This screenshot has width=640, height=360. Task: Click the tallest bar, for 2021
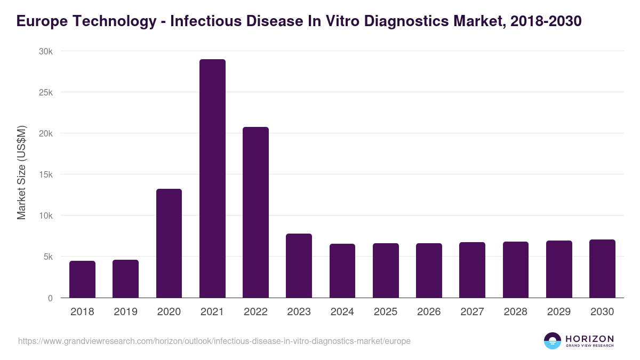click(x=212, y=178)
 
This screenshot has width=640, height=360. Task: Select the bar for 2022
click(x=255, y=212)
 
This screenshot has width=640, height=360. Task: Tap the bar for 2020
click(x=169, y=243)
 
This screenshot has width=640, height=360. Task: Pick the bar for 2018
click(x=82, y=279)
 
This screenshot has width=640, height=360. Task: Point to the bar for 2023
click(x=299, y=266)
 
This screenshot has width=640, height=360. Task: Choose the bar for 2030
click(x=602, y=268)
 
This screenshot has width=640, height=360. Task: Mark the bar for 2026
click(x=429, y=270)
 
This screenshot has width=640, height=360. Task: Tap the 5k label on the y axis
click(x=48, y=257)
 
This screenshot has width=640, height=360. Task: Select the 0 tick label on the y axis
click(x=50, y=298)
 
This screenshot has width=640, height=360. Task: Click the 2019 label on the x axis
click(x=125, y=312)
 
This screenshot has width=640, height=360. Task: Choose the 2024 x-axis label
click(x=342, y=312)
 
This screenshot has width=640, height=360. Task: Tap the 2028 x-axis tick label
click(x=515, y=312)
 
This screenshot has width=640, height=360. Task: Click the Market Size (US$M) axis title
click(x=21, y=173)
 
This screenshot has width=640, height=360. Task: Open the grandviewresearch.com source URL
click(x=214, y=341)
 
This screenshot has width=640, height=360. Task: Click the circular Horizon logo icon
click(x=553, y=341)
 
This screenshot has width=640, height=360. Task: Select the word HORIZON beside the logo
click(x=589, y=338)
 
